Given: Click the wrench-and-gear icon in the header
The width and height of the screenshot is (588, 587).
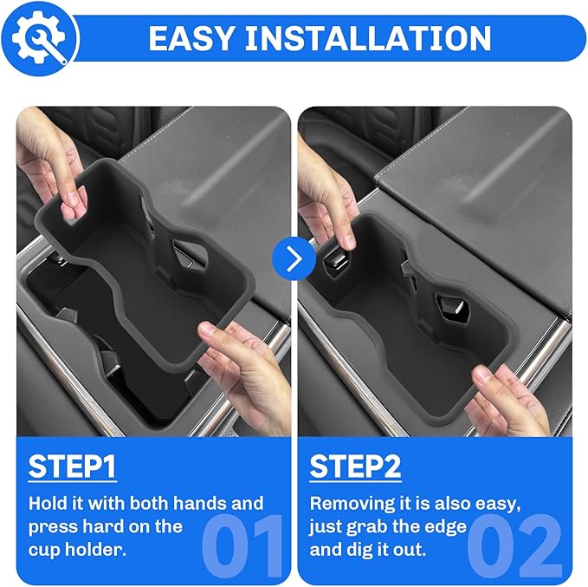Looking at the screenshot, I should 40,37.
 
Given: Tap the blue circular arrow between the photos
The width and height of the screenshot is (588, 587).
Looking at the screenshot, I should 293,259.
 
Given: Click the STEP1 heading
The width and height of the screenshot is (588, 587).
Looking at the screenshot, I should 73,466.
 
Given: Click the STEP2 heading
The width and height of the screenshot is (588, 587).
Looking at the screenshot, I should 355,466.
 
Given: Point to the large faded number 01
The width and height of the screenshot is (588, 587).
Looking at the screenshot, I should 242,545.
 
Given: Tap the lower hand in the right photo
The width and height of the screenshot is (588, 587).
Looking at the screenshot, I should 511,399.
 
